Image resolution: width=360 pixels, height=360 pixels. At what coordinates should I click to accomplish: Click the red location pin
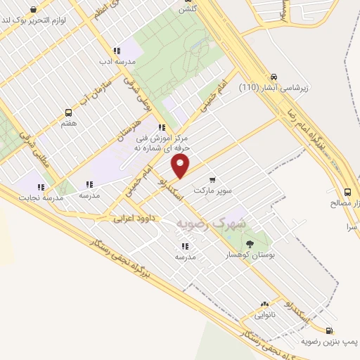point(181,166)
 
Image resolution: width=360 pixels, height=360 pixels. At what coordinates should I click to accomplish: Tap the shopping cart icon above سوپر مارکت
point(212,179)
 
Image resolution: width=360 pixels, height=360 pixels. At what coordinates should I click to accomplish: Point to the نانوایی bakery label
point(264,316)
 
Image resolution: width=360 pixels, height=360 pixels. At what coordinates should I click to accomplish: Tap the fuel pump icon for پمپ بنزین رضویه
point(328,330)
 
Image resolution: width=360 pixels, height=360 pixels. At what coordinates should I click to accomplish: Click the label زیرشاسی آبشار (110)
point(274,89)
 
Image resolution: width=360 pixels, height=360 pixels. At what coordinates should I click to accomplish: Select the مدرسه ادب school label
point(117,62)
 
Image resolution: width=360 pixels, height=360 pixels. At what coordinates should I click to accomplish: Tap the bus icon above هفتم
point(68,112)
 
